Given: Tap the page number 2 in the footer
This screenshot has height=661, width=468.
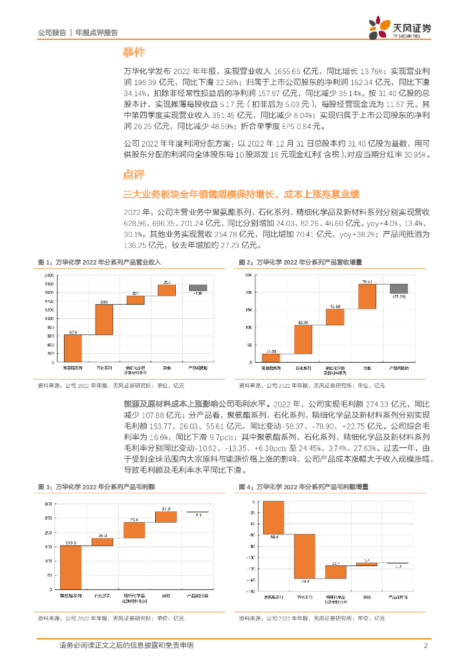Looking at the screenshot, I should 425,646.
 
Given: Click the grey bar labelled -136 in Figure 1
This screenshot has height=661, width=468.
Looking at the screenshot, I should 198,288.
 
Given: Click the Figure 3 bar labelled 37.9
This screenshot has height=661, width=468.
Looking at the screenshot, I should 166,516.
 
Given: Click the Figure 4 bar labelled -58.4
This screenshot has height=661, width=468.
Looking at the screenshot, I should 273,518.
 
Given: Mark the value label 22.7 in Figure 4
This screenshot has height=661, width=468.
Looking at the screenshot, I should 335,564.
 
